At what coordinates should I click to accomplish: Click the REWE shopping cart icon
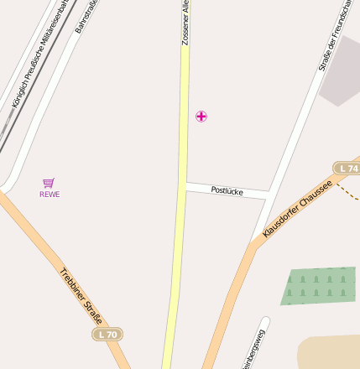click(49, 183)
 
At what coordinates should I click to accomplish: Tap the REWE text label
click(50, 195)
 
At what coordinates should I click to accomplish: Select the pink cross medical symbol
click(201, 116)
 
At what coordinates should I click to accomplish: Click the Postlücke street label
click(227, 191)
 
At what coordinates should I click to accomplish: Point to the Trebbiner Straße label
click(81, 295)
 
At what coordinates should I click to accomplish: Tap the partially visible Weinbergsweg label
click(254, 350)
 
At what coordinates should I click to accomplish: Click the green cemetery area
click(318, 285)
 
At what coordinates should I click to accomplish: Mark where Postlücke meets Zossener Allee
click(184, 187)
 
